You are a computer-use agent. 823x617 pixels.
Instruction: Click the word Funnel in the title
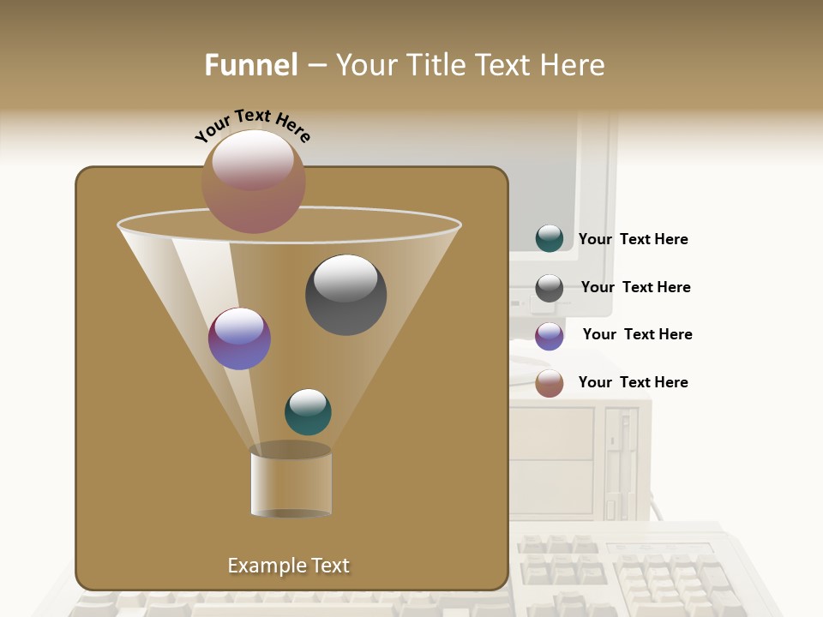[251, 65]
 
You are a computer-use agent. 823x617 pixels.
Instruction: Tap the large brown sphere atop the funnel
[253, 181]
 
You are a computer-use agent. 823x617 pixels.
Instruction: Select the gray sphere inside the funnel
[345, 294]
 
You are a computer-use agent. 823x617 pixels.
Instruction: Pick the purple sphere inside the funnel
[239, 338]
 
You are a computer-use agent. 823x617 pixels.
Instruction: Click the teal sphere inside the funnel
[308, 412]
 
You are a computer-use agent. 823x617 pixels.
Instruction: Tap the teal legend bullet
[549, 239]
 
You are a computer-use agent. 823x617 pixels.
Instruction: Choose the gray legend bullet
[549, 288]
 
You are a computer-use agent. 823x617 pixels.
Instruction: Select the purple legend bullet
[549, 335]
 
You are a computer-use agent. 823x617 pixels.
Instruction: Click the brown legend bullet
[549, 383]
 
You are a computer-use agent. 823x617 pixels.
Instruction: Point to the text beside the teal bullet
[633, 239]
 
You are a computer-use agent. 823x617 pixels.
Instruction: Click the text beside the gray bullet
[635, 287]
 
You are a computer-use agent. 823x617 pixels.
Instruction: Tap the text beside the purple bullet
[637, 334]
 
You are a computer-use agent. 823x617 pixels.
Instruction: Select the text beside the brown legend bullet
[633, 382]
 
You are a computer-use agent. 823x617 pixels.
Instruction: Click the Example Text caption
[288, 566]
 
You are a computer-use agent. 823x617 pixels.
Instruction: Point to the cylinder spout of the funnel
[291, 482]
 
